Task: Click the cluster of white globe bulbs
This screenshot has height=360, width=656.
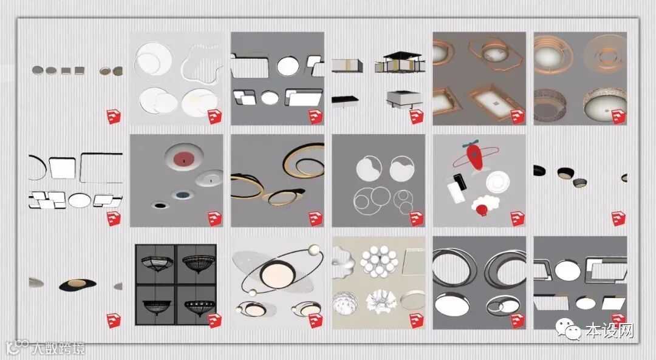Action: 380,261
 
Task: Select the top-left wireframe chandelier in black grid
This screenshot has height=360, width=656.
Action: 155,263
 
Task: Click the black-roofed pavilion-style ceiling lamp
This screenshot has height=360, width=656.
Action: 400,61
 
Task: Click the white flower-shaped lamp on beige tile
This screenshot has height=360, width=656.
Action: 380,302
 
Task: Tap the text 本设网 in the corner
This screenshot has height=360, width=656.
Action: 610,330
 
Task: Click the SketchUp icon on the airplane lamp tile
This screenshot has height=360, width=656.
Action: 518,219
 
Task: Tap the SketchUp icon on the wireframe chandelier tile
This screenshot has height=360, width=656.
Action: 214,321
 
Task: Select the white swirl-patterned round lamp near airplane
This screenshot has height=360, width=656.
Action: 498,182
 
